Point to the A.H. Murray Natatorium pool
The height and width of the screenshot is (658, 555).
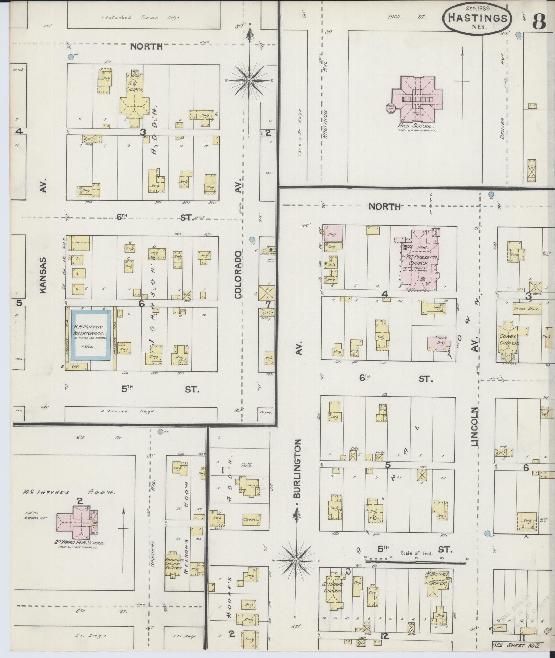(x=91, y=335)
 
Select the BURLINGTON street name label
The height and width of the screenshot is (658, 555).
(x=298, y=468)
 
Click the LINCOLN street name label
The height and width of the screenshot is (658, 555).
(x=476, y=427)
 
